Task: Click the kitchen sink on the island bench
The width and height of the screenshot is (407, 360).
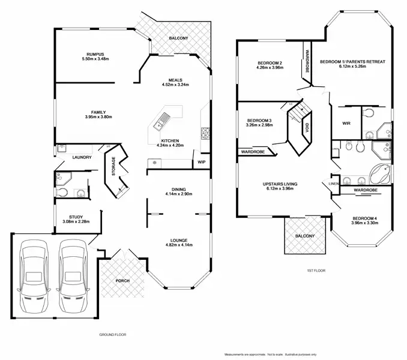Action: tap(161, 124)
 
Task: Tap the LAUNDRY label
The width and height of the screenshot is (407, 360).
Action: tap(81, 157)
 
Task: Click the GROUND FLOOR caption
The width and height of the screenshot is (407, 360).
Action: tap(112, 334)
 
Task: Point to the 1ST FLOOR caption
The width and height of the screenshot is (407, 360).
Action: tap(316, 271)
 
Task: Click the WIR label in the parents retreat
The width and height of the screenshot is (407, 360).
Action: tap(346, 124)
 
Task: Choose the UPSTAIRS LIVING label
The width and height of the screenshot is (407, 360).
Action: tap(280, 184)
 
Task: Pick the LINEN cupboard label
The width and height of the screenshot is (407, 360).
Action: tap(335, 184)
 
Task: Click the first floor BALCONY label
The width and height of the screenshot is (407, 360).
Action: tap(304, 236)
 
